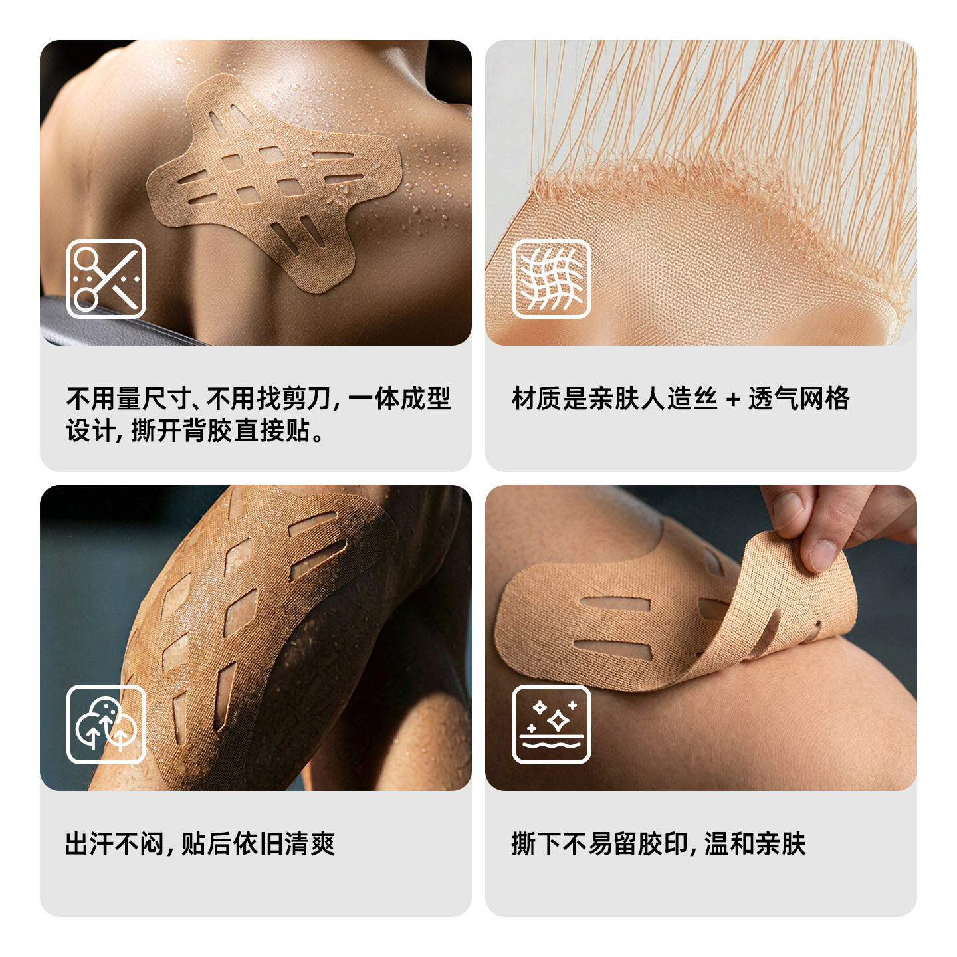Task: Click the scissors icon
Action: point(106,279)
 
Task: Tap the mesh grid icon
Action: point(551,279)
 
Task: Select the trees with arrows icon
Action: point(106,724)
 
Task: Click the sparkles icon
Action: point(551,724)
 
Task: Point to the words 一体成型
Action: point(399,399)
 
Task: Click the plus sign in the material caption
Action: point(733,399)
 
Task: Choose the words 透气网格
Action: point(799,399)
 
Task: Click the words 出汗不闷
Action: point(114,844)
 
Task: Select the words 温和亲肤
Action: point(755,844)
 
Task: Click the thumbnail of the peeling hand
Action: point(700,638)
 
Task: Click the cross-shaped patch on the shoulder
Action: point(272,179)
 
